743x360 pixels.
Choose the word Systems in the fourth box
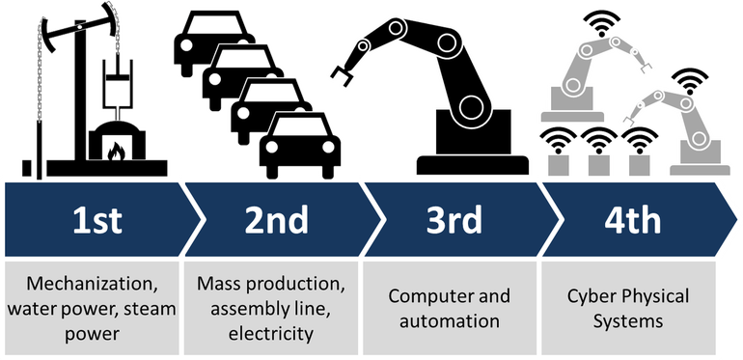(x=630, y=320)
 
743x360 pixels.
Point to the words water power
(x=51, y=309)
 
